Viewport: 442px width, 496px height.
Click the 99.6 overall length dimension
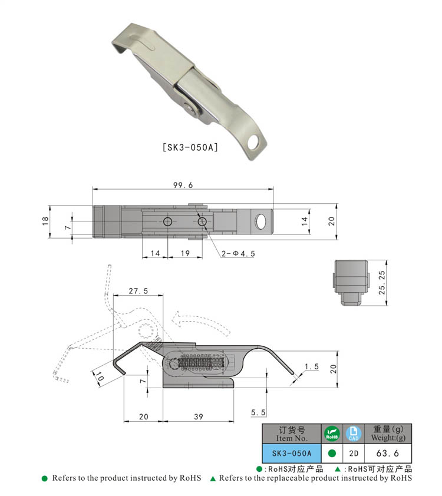coord(183,185)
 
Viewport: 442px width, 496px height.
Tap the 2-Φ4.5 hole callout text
coord(238,254)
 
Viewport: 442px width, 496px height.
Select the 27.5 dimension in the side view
coord(138,290)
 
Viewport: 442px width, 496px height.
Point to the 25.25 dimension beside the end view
coord(382,283)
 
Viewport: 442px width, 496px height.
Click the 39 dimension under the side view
coord(199,416)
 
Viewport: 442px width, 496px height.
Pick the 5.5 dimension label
coord(258,412)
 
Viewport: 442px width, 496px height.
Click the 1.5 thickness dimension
coord(312,366)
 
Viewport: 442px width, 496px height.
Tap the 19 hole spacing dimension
coord(185,253)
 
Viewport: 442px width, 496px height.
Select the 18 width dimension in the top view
coord(45,221)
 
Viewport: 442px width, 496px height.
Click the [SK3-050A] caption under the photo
coord(190,147)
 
